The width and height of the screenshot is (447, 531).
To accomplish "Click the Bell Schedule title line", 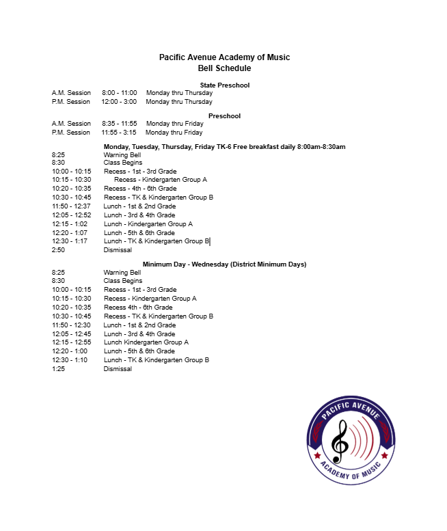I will click(224, 68).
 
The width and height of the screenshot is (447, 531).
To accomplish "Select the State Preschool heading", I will click(224, 85).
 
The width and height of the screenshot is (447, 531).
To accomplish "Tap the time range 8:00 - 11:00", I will click(120, 93).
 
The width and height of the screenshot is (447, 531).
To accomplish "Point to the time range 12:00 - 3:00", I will click(119, 102).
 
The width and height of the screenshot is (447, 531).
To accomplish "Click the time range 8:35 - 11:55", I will click(120, 124).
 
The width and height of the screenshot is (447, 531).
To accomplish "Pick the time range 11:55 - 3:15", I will click(119, 133).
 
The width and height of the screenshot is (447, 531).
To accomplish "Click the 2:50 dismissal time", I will click(58, 250).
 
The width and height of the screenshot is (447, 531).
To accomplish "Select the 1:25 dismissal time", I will click(58, 369).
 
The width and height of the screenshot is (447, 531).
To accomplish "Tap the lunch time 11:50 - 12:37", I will click(71, 206).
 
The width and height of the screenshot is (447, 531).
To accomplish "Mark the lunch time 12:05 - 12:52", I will click(71, 215).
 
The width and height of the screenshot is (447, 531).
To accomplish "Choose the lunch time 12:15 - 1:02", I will click(70, 224).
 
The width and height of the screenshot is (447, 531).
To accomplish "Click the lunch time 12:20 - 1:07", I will click(70, 233).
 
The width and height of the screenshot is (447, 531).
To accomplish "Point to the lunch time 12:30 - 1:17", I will click(70, 241).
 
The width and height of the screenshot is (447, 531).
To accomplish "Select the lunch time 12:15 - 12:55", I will click(71, 342).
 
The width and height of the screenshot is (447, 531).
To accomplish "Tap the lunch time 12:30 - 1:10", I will click(70, 360).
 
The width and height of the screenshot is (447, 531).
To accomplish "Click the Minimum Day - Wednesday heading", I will click(224, 264).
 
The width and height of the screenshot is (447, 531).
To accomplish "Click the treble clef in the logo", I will click(340, 441).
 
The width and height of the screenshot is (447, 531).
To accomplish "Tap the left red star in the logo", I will click(317, 454).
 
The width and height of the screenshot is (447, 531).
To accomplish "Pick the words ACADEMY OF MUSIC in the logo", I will click(351, 471).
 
